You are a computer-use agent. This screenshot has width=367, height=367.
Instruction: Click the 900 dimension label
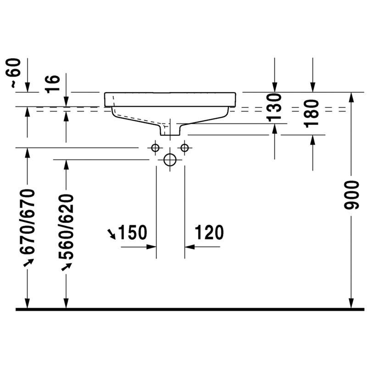click(x=351, y=195)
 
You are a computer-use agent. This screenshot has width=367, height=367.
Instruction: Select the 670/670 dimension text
click(x=28, y=222)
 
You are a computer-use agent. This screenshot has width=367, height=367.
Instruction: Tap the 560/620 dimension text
click(x=66, y=227)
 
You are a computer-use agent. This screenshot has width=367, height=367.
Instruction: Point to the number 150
click(x=133, y=232)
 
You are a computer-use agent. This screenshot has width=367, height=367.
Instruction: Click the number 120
click(x=209, y=232)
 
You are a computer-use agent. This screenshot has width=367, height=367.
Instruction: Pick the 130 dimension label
click(x=274, y=107)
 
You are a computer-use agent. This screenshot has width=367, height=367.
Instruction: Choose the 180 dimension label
click(x=312, y=114)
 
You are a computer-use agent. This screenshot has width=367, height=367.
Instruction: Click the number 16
click(x=53, y=84)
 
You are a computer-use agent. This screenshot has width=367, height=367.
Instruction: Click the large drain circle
click(x=170, y=154)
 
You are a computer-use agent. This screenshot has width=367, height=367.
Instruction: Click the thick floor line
click(x=190, y=309)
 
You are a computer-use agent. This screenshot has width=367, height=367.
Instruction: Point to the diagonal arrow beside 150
click(x=111, y=234)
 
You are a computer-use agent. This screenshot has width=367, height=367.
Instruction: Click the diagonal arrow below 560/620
click(x=67, y=267)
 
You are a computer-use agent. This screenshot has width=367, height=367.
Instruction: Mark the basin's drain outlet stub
click(x=170, y=130)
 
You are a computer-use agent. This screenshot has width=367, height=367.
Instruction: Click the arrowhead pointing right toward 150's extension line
click(x=151, y=247)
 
